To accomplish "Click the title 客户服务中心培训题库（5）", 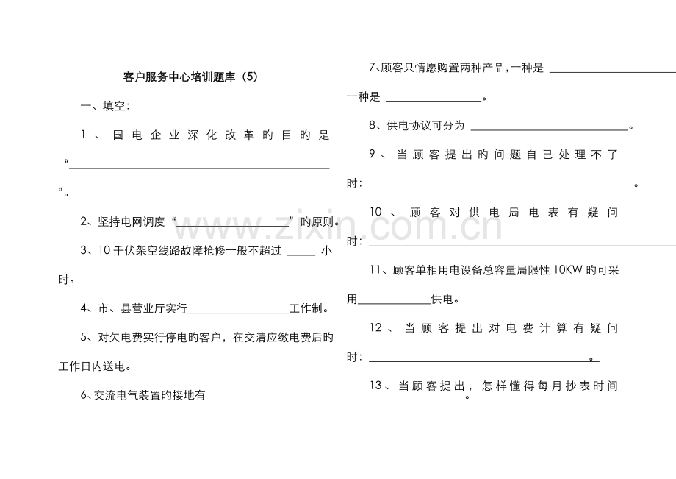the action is [x=190, y=77].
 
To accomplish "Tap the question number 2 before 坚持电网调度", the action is [x=84, y=221].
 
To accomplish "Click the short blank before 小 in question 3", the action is [x=301, y=255].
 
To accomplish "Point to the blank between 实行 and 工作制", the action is [x=238, y=313].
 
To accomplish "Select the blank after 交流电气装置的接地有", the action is [x=336, y=400].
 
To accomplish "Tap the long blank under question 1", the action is [x=199, y=168].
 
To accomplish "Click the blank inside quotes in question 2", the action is [x=233, y=227].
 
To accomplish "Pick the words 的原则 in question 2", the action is [x=317, y=221].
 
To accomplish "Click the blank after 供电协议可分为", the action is [x=550, y=129].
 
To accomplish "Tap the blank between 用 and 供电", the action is [x=395, y=303].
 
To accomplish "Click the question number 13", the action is [x=376, y=386].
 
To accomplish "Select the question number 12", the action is [x=376, y=327].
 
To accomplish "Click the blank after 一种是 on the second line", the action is [x=434, y=101].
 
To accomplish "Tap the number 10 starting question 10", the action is [x=376, y=212].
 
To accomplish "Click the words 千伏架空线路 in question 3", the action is [x=146, y=251].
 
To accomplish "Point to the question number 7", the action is [x=373, y=68].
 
